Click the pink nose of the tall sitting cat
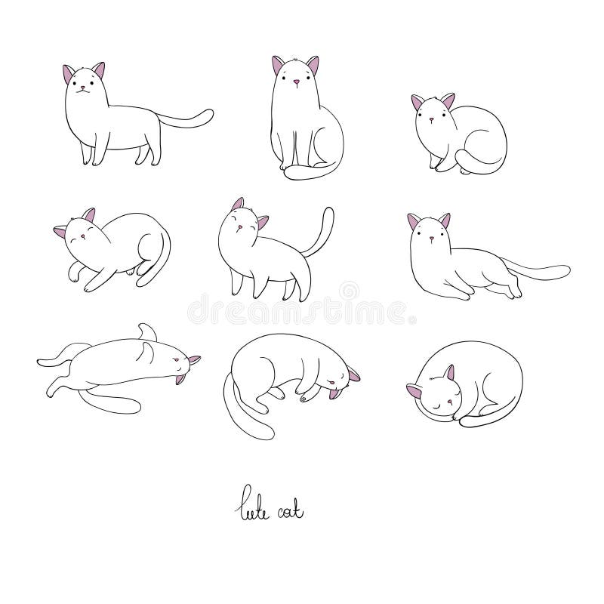[296, 82]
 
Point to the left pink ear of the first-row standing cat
[69, 74]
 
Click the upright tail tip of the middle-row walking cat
[329, 212]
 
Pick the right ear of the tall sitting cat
[313, 65]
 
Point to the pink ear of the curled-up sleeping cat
[449, 373]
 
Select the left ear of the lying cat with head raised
[414, 222]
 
